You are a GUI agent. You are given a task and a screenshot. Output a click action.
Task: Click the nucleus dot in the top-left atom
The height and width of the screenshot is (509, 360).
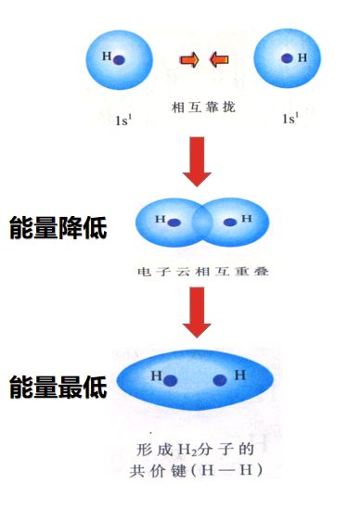pyautogui.click(x=122, y=59)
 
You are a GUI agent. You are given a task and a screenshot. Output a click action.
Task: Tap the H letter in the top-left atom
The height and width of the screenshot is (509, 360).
pyautogui.click(x=107, y=57)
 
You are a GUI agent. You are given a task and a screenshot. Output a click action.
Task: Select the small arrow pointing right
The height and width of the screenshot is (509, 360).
pyautogui.click(x=188, y=61)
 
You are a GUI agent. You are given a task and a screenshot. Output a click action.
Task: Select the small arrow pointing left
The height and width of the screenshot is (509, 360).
pyautogui.click(x=220, y=61)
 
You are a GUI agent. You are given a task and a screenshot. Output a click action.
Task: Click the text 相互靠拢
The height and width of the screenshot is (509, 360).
pyautogui.click(x=204, y=107)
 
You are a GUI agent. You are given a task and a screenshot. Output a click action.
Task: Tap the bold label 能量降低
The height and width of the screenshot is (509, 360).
pyautogui.click(x=58, y=228)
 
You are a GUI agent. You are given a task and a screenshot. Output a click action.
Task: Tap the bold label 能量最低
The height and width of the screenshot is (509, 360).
pyautogui.click(x=58, y=386)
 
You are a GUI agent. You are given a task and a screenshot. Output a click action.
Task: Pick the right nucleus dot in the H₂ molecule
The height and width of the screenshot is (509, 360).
pyautogui.click(x=221, y=379)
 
